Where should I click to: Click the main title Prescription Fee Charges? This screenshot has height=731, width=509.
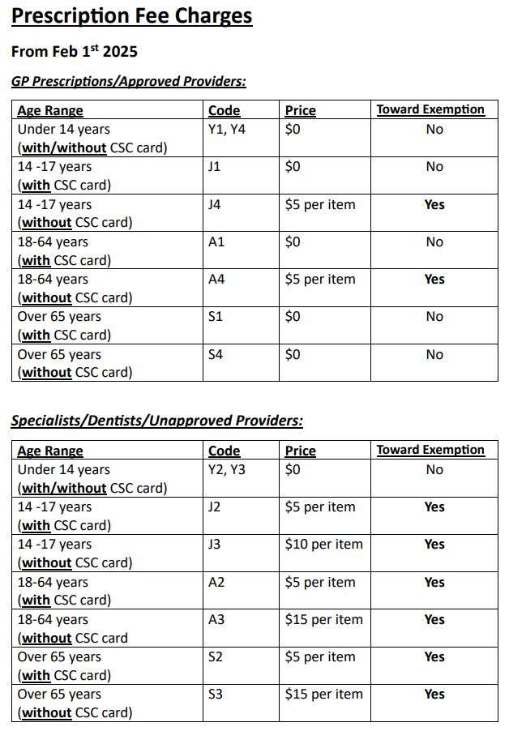[x=131, y=16]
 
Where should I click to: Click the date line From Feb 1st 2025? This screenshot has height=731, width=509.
[x=75, y=52]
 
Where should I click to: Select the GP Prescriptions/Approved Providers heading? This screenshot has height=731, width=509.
[x=129, y=81]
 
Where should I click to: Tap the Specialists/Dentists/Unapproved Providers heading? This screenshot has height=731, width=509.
[x=156, y=421]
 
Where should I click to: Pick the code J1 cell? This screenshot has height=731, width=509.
[x=214, y=167]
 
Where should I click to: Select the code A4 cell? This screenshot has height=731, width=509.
[x=216, y=280]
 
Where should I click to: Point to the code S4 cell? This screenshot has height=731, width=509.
[x=215, y=354]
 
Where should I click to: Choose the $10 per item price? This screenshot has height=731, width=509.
[x=323, y=545]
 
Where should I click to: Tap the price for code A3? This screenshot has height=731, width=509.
[x=323, y=620]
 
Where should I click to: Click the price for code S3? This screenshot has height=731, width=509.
[x=323, y=695]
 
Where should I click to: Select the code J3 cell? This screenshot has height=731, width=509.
[x=214, y=545]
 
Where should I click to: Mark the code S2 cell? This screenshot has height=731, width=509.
[x=215, y=657]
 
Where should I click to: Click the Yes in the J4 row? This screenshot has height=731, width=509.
[x=434, y=205]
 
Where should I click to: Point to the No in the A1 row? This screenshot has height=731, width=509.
[x=434, y=242]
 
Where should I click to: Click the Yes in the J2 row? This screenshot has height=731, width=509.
[x=434, y=507]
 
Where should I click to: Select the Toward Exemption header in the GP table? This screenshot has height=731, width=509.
[x=430, y=109]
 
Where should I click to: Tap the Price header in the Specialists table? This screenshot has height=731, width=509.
[x=300, y=451]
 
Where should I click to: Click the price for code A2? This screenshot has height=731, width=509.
[x=320, y=583]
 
